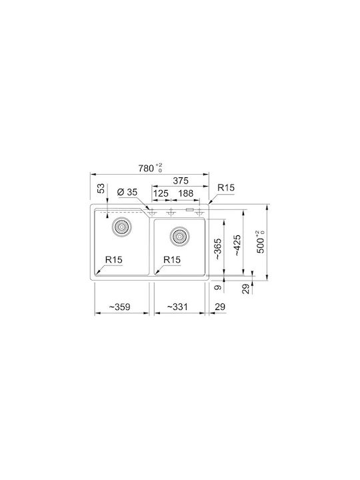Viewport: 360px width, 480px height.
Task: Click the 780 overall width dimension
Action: pyautogui.click(x=150, y=168)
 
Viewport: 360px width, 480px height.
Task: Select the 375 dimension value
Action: pyautogui.click(x=181, y=181)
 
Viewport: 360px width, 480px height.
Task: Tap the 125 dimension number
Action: pyautogui.click(x=161, y=193)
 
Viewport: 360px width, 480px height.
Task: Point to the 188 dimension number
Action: pyautogui.click(x=186, y=193)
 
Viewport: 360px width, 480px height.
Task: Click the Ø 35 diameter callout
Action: pyautogui.click(x=127, y=192)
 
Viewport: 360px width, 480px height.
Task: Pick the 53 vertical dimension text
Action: pyautogui.click(x=101, y=188)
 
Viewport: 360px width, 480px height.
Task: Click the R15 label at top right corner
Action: pyautogui.click(x=226, y=187)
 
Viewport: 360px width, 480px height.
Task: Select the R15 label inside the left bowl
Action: pyautogui.click(x=113, y=259)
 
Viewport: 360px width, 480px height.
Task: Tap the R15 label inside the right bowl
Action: pyautogui.click(x=172, y=259)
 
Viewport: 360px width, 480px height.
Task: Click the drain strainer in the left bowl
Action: pyautogui.click(x=122, y=227)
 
